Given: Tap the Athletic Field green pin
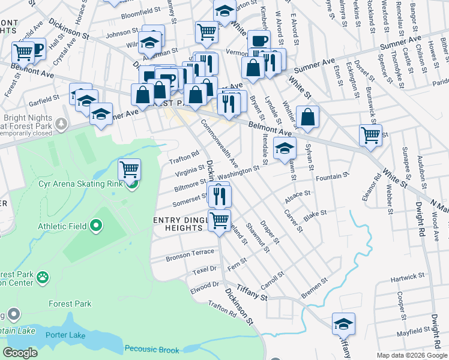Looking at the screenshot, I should pos(96,226).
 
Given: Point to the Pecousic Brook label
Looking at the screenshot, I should pos(152,349).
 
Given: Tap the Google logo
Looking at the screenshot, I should pos(20,353).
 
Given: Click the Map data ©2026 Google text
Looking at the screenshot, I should pos(411,355).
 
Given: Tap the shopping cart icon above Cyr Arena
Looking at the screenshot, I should pos(129,169).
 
